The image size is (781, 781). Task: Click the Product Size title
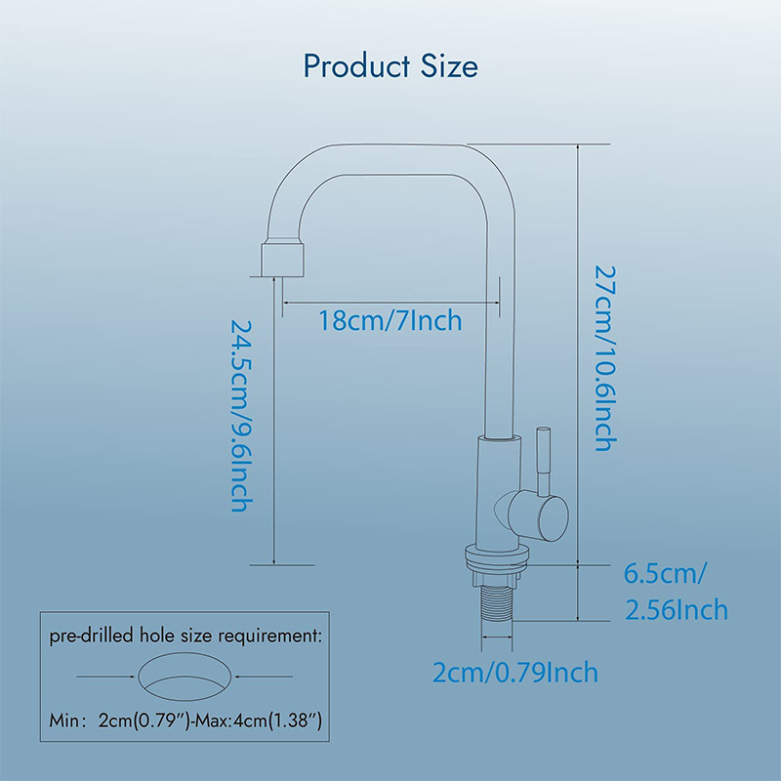click(x=390, y=66)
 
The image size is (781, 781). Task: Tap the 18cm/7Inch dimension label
click(x=390, y=320)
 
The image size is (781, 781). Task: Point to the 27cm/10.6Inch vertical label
click(x=605, y=358)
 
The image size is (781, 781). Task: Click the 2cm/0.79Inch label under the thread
click(x=515, y=672)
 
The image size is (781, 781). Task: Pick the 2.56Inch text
click(x=677, y=609)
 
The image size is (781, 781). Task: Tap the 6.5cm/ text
click(x=665, y=574)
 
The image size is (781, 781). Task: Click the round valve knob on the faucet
click(x=539, y=515)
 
